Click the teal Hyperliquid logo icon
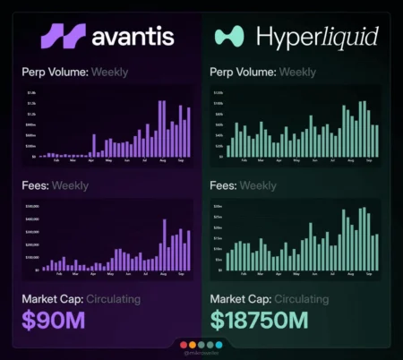pos(228,36)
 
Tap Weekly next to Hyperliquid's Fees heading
pos(259,186)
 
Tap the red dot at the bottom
pos(182,344)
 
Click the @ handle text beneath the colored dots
pos(201,354)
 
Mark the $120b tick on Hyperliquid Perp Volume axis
pos(218,92)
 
